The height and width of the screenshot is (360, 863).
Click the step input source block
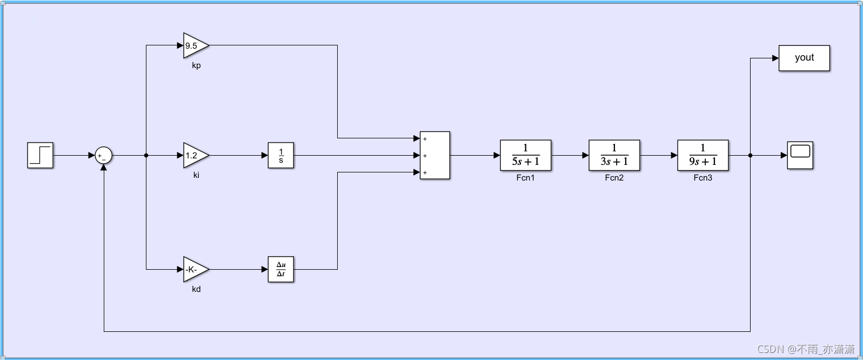point(40,155)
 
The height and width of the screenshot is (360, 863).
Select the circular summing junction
point(103,156)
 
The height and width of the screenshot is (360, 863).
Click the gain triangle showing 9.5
point(195,45)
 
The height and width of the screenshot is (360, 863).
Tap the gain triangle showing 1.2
point(195,156)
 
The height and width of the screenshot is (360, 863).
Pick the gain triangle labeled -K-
point(195,269)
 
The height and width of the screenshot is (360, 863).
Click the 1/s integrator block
point(281,156)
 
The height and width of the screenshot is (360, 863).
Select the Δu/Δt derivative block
point(281,269)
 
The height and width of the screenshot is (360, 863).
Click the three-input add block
point(434,156)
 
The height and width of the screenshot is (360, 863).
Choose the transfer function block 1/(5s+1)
point(525,156)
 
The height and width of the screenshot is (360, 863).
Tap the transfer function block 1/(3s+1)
point(614,156)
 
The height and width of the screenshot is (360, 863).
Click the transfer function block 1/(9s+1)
point(703,156)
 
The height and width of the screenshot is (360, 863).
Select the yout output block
point(804,58)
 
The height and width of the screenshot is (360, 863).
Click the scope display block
point(800,156)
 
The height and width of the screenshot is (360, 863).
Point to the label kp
point(196,65)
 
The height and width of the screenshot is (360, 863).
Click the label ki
point(196,175)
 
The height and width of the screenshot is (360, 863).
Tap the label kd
point(196,289)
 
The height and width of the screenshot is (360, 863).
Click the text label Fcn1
point(525,178)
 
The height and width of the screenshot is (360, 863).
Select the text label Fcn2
point(614,178)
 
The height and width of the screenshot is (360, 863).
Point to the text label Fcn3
point(703,178)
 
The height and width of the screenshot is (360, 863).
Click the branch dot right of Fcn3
point(750,156)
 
